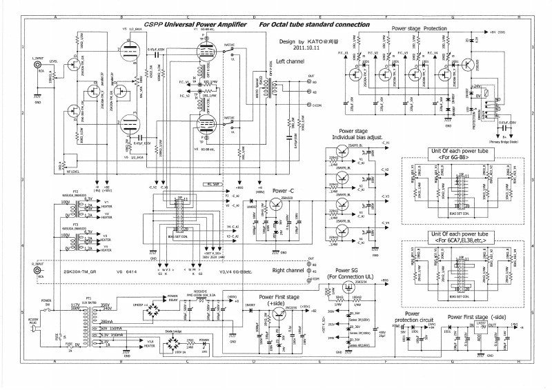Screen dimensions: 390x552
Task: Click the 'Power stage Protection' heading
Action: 419,28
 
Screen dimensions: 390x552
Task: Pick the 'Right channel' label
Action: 289,271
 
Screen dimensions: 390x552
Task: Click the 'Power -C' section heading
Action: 284,190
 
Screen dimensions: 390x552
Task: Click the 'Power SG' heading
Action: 346,270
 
